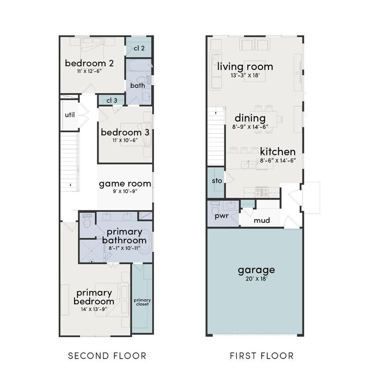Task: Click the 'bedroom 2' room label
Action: (x=89, y=63)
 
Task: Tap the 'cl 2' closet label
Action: (x=139, y=48)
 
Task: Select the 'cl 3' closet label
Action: (x=112, y=101)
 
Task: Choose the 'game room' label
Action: (x=124, y=184)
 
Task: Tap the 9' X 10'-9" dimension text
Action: (x=125, y=192)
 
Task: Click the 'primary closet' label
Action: (x=142, y=302)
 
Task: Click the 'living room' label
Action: (x=245, y=67)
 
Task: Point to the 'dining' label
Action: (x=250, y=118)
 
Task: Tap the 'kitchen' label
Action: (x=277, y=152)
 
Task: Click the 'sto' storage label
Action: (x=217, y=181)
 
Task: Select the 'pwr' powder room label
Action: (x=221, y=217)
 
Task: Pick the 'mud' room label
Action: (x=261, y=220)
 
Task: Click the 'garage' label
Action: (x=256, y=270)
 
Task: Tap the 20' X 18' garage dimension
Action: (x=256, y=278)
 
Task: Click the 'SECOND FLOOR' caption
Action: (x=107, y=355)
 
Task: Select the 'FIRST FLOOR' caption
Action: (x=261, y=355)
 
